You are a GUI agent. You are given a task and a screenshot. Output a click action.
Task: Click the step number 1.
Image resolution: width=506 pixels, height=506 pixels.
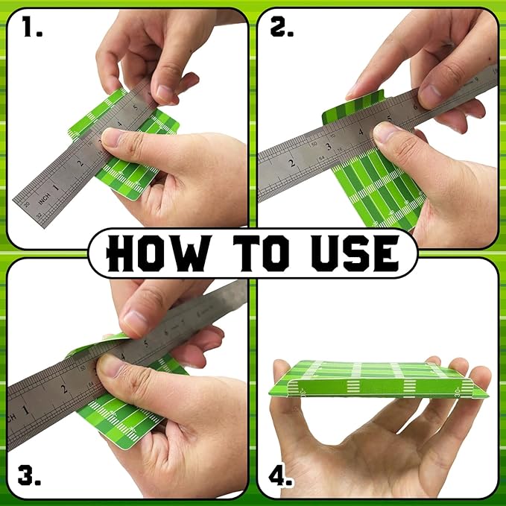32,27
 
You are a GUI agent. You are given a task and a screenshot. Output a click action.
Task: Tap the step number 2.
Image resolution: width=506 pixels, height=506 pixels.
282,27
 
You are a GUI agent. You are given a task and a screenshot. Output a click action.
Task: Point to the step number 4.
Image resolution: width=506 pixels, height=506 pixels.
280,475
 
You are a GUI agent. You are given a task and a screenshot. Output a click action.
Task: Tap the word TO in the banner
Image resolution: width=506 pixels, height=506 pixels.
262,253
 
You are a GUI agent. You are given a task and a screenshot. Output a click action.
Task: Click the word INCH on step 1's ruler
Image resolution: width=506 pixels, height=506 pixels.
44,199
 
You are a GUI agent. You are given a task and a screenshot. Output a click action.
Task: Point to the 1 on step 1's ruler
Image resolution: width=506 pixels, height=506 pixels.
56,187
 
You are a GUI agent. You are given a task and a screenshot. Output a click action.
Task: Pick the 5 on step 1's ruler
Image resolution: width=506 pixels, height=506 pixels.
135,107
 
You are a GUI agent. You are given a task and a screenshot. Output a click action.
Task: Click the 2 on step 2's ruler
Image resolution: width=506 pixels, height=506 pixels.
292,163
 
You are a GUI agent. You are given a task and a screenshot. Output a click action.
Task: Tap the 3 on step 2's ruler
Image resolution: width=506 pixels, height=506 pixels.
329,147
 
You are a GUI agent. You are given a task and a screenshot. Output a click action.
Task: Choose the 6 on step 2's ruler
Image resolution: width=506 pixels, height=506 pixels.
415,106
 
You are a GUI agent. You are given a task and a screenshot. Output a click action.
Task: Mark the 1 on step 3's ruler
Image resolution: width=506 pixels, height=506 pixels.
25,410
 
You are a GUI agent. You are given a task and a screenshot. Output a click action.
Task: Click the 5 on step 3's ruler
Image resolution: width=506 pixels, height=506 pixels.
146,344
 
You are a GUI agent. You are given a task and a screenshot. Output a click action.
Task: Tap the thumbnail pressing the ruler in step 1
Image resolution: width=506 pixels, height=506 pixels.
110,138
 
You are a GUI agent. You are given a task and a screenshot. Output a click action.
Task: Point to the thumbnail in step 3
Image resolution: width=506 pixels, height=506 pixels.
108,366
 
